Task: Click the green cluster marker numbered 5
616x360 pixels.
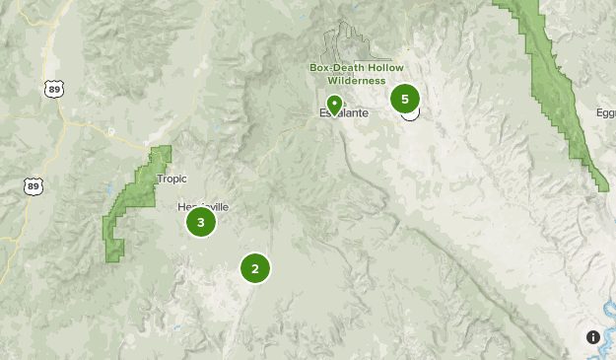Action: pos(404,99)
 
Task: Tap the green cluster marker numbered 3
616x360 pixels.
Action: pos(201,222)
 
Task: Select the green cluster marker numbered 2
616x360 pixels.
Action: pos(254,267)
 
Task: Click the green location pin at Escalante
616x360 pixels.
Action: pos(335,104)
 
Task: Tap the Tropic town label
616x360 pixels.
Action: pos(171,179)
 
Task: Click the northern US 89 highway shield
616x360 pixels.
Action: pos(53,89)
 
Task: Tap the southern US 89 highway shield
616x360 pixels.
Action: pos(34,185)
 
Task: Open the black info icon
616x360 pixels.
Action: pos(593,337)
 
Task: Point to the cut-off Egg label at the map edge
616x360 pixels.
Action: pos(605,113)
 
